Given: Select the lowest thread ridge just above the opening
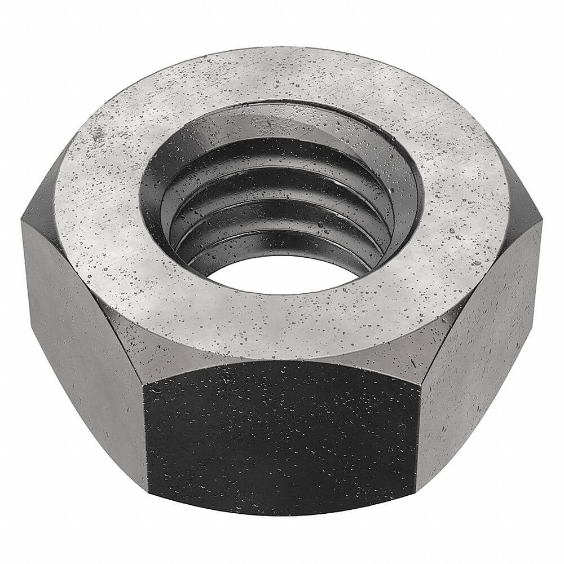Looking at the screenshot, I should point(282,251).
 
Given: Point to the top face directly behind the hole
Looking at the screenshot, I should point(282,73).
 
